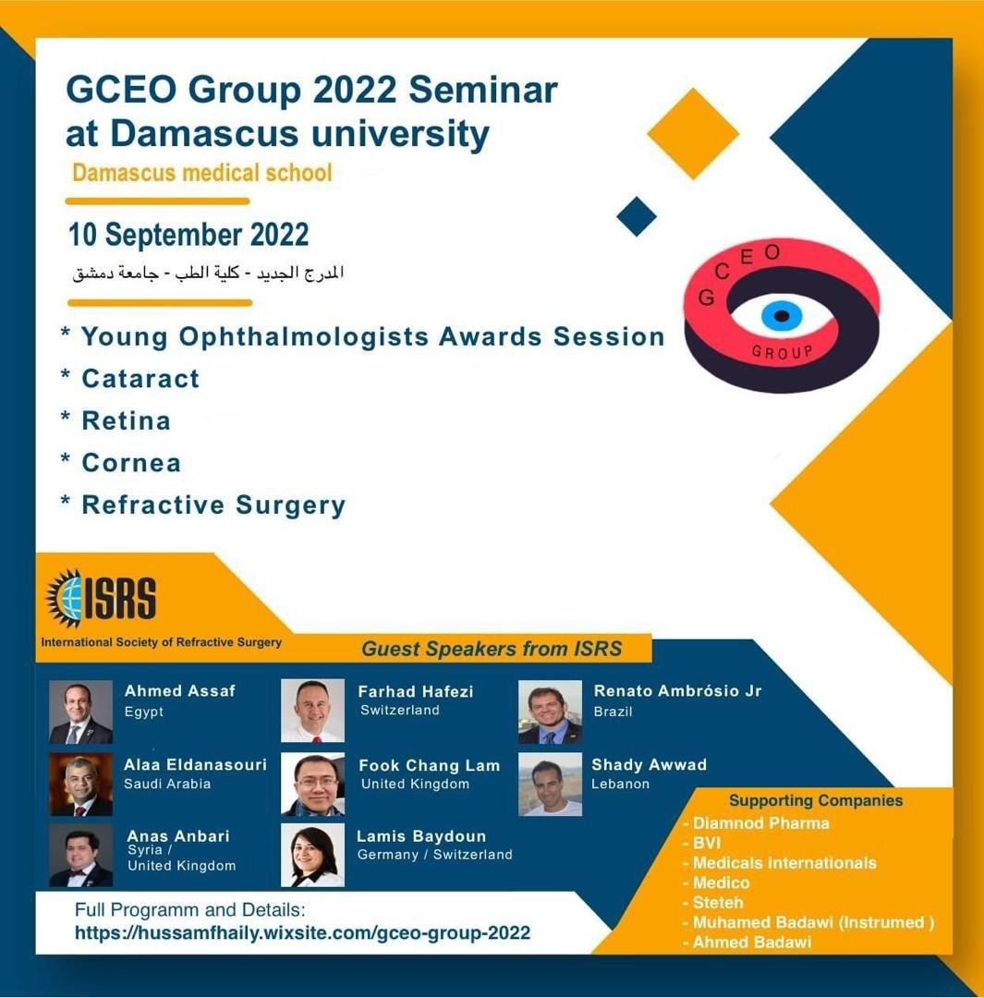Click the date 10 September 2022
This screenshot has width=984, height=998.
coord(188,235)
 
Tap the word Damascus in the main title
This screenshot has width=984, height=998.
coord(204,134)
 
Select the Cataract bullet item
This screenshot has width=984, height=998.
coord(140,379)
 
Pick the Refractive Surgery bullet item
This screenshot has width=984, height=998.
coord(213,505)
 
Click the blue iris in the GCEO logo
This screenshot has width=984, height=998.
coord(781,316)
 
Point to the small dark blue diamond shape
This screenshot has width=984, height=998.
coord(637,216)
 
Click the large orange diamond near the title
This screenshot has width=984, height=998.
coord(693,134)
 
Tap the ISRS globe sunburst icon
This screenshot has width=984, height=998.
coord(65,598)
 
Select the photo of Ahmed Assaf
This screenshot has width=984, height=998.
coord(80,712)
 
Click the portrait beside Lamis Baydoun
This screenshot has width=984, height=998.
coord(312,856)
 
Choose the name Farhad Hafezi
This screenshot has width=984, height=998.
coord(416,692)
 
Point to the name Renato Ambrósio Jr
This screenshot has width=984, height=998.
coord(677,691)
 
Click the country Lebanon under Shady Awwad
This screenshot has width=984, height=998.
coord(621,785)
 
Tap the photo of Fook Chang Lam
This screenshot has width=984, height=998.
coord(312,785)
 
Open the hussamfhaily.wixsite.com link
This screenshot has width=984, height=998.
coord(302,933)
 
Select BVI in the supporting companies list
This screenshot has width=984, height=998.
coord(707,844)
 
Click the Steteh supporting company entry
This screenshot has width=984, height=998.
coord(718,903)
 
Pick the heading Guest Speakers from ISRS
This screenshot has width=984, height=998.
coord(492,649)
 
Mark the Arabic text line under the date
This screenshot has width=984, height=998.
coord(208,274)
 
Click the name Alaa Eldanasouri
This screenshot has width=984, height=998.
coord(195,764)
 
